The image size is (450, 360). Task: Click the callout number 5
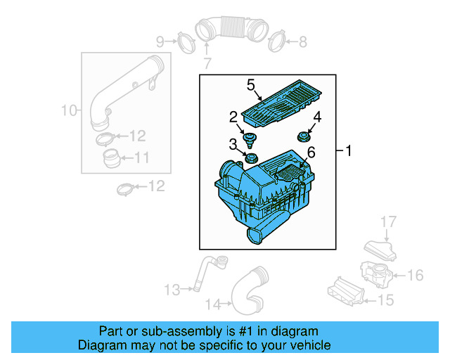(x=250, y=86)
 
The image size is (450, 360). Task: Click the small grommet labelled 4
(x=304, y=135)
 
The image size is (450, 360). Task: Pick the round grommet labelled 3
(x=250, y=155)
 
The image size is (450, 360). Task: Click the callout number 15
(x=387, y=301)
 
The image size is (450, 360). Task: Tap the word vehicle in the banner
(x=309, y=345)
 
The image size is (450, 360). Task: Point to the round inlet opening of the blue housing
(x=229, y=172)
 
